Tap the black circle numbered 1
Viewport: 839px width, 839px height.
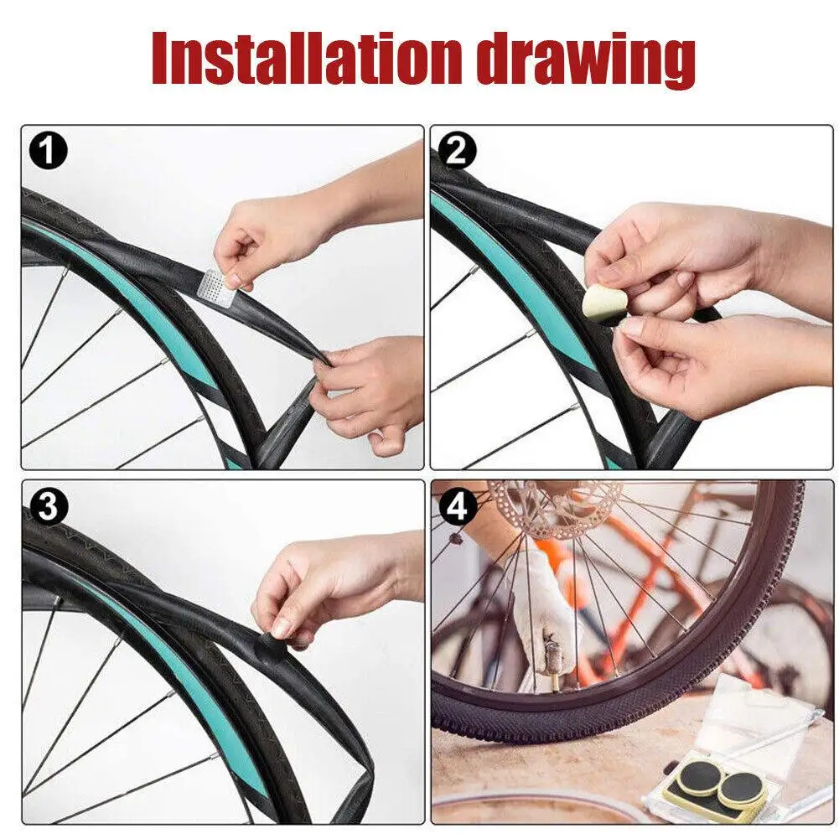pos(49,151)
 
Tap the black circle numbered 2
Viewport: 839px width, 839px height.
pos(457,151)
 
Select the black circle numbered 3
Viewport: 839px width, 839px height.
pos(49,506)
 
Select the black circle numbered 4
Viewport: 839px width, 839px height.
pos(457,506)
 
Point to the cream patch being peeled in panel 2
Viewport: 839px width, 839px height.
pos(600,304)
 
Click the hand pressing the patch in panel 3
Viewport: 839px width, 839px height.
pos(332,583)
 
